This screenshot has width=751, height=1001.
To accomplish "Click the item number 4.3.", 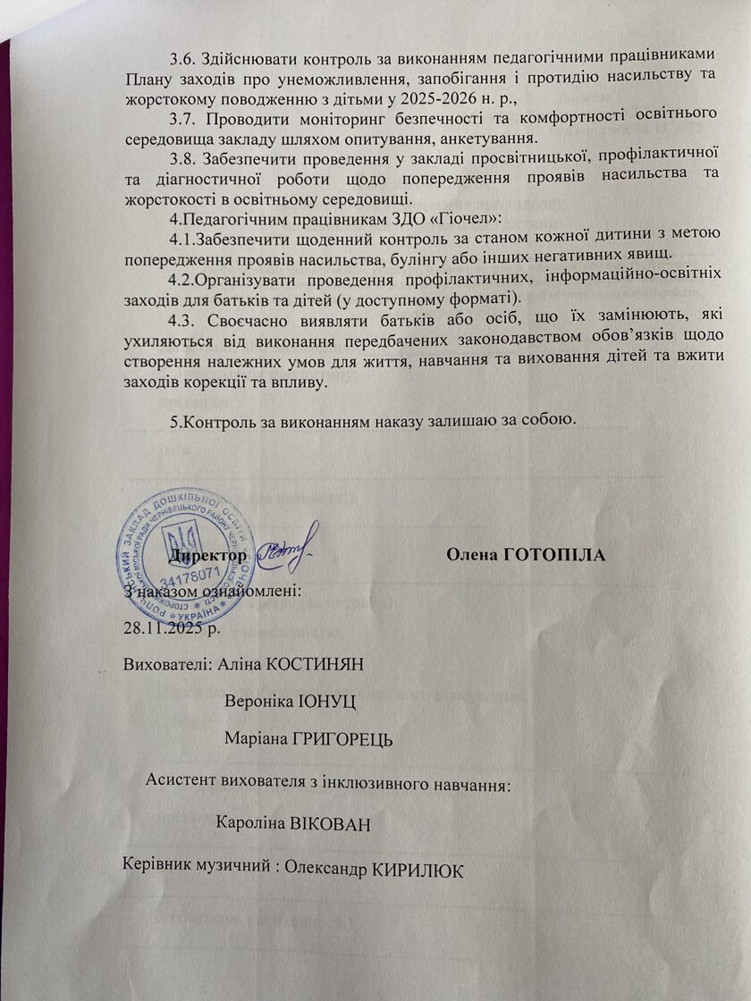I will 184,318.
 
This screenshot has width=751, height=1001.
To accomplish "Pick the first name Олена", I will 472,555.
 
